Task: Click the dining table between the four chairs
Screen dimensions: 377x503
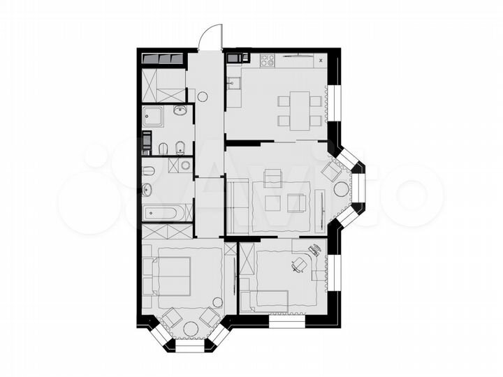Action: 300,110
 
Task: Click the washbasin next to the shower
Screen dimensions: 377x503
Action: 180,110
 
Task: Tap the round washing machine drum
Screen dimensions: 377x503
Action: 185,165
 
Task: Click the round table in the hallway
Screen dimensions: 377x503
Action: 203,98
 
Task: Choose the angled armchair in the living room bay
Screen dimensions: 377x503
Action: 330,170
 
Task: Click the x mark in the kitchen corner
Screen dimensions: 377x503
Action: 320,61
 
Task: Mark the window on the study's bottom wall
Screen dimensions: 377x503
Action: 286,323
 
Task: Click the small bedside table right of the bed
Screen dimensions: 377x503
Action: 217,302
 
